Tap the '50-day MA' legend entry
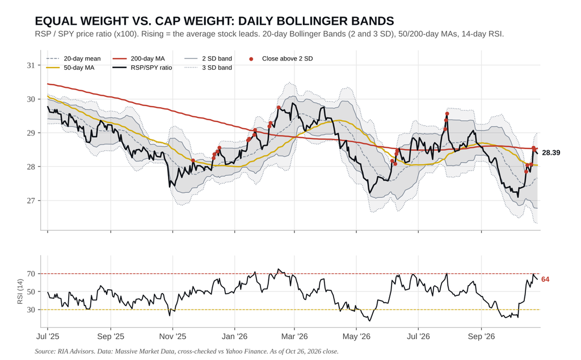70,68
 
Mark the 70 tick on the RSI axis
31,274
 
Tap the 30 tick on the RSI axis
31,310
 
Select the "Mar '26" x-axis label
294,336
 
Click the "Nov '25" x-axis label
172,336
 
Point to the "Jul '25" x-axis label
48,336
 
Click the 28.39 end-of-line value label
551,153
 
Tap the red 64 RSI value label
545,279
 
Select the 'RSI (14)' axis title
20,292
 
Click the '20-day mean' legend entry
73,58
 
